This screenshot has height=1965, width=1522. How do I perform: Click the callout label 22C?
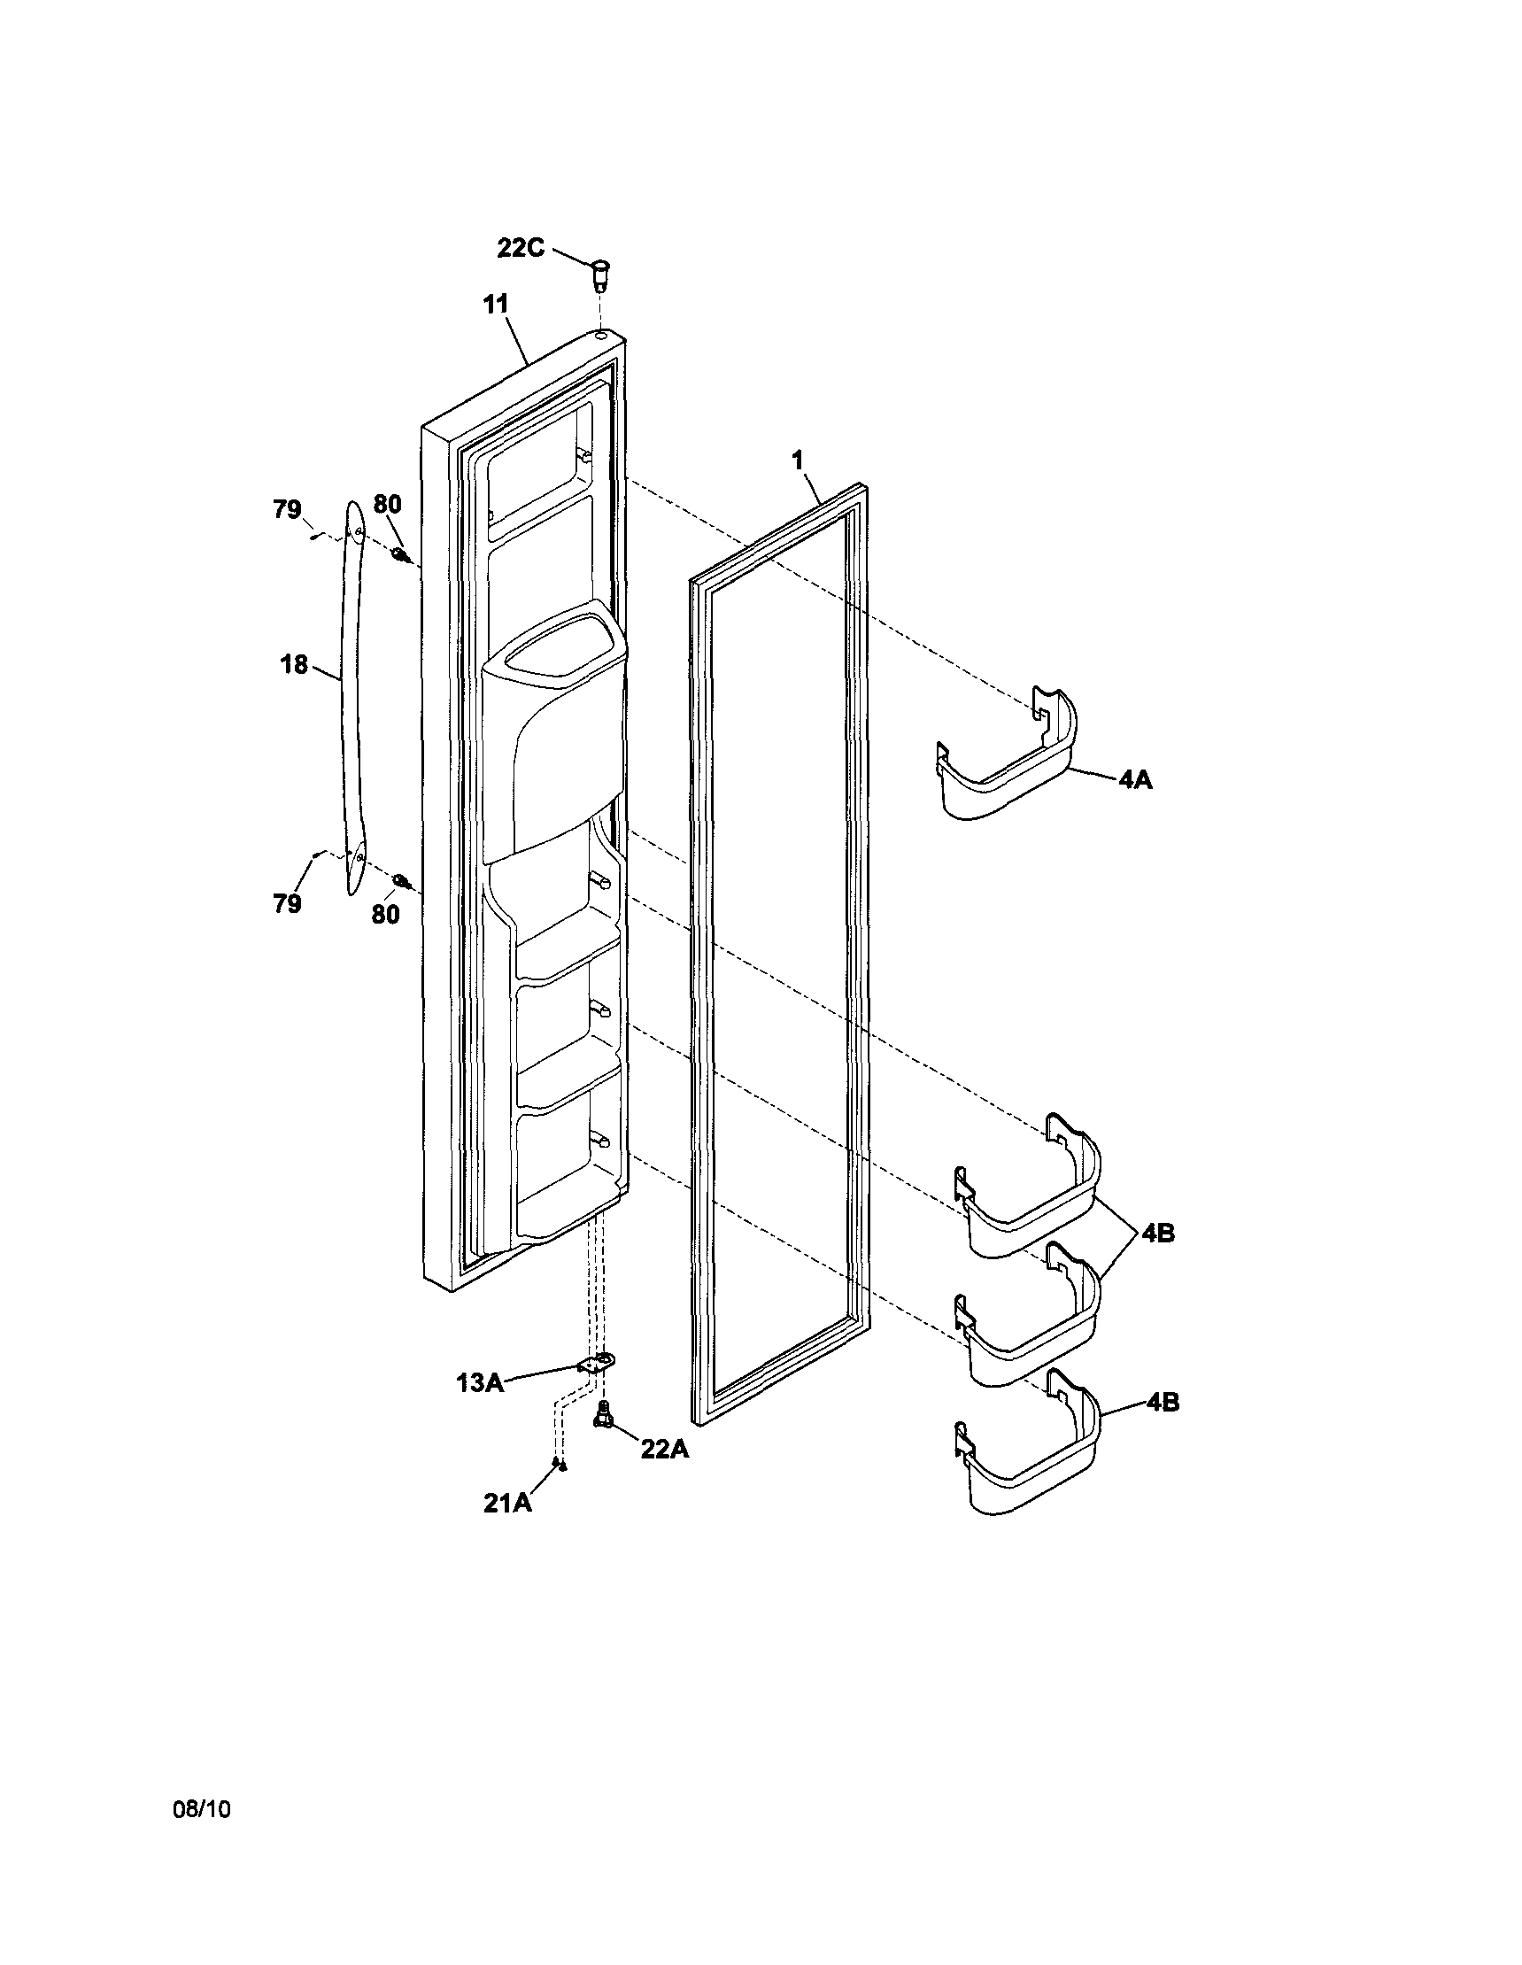pyautogui.click(x=521, y=247)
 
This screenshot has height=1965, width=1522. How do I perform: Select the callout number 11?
pyautogui.click(x=495, y=304)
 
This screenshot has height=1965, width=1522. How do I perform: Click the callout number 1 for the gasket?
pyautogui.click(x=797, y=460)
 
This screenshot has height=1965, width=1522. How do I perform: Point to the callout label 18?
pyautogui.click(x=294, y=665)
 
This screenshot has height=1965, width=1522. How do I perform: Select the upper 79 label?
pyautogui.click(x=287, y=509)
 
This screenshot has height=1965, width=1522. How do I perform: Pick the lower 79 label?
pyautogui.click(x=287, y=904)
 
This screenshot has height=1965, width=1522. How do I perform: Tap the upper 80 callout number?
pyautogui.click(x=387, y=504)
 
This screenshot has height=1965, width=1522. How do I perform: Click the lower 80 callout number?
pyautogui.click(x=385, y=914)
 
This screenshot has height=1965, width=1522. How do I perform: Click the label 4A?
pyautogui.click(x=1135, y=779)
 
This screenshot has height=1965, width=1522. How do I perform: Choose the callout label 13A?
pyautogui.click(x=480, y=1383)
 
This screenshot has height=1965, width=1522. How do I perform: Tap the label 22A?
pyautogui.click(x=665, y=1450)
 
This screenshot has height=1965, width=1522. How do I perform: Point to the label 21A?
pyautogui.click(x=507, y=1503)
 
